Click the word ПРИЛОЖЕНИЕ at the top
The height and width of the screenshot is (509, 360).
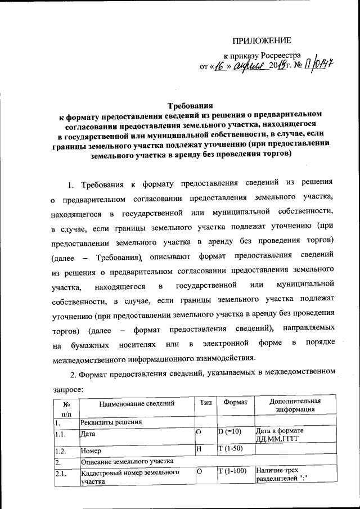click(x=263, y=40)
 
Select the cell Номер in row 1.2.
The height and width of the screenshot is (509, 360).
click(x=91, y=451)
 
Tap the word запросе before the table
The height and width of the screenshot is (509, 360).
click(x=69, y=387)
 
